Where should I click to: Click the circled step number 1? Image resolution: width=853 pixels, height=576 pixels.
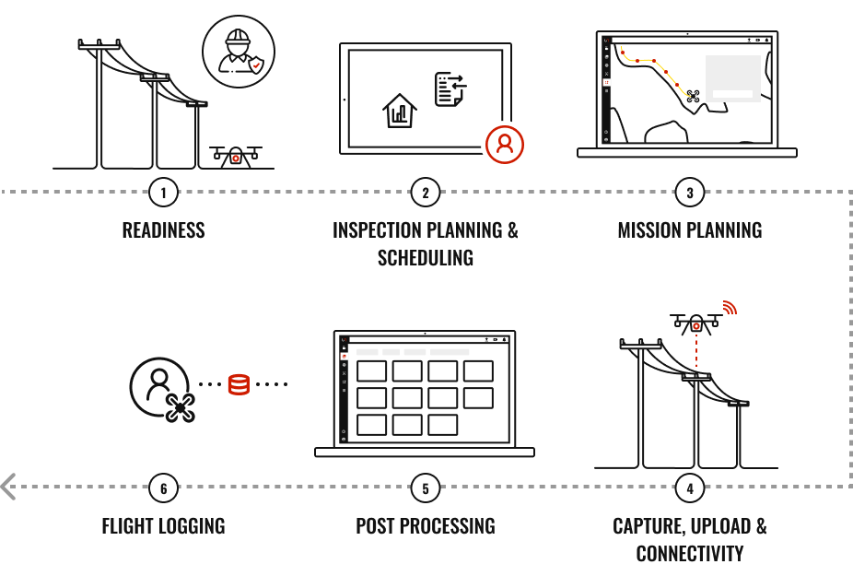click(163, 193)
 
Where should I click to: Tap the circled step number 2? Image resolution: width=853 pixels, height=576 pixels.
click(426, 193)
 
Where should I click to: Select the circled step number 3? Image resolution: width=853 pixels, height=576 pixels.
click(690, 193)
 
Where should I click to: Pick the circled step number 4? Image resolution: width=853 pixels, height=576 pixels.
click(690, 488)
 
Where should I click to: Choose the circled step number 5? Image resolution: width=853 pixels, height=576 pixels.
click(426, 488)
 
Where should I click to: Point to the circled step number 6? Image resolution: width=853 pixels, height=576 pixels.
click(163, 488)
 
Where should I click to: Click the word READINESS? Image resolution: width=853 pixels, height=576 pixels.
click(163, 230)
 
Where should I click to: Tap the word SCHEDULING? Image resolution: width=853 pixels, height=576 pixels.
click(426, 258)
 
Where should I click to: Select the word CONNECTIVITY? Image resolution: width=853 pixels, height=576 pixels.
click(690, 554)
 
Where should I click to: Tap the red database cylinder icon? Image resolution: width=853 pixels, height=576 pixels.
click(239, 384)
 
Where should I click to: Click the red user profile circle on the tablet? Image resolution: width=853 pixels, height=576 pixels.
click(505, 145)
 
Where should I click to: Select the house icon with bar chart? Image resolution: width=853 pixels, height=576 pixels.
click(400, 111)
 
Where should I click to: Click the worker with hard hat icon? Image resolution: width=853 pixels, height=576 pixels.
click(239, 52)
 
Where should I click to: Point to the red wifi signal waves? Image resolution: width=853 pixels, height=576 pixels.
click(730, 308)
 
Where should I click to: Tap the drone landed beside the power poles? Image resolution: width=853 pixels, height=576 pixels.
click(236, 157)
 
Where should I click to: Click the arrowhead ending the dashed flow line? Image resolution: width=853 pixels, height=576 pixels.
click(8, 487)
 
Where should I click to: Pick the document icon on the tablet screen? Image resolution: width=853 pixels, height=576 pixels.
click(450, 89)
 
